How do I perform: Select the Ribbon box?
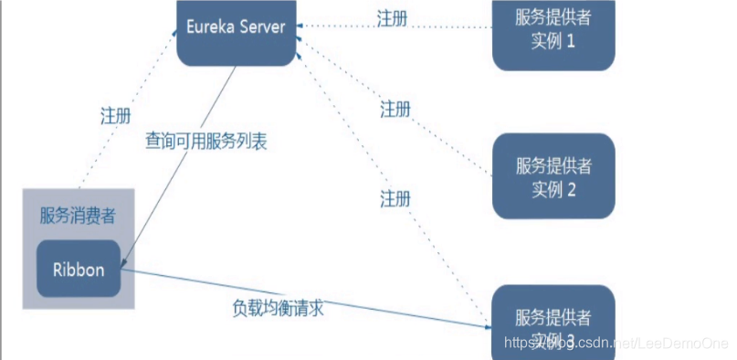click(79, 269)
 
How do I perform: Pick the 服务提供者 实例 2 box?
click(553, 176)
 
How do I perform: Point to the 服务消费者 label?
click(78, 217)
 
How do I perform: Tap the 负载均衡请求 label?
click(279, 308)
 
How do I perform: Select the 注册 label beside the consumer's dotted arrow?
click(115, 116)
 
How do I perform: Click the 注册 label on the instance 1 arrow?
click(393, 17)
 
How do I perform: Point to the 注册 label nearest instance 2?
click(395, 110)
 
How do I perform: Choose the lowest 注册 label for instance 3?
click(396, 197)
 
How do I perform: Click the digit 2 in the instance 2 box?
click(570, 189)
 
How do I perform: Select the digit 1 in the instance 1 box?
click(570, 41)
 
